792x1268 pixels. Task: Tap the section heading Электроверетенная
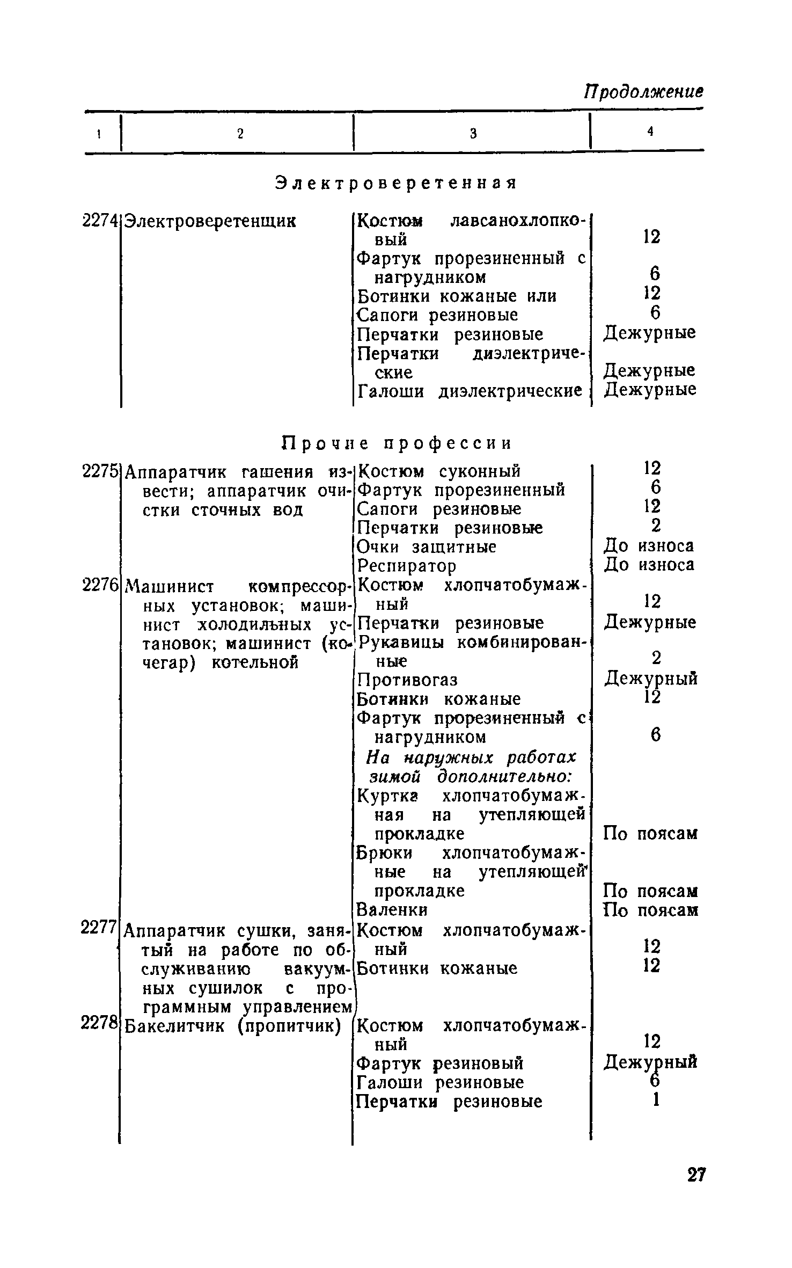tap(397, 183)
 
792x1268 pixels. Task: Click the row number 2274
tap(100, 221)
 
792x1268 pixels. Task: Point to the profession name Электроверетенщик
tap(210, 221)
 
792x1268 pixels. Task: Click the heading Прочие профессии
tap(397, 443)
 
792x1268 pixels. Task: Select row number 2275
tap(100, 471)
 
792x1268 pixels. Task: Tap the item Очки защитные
tap(427, 547)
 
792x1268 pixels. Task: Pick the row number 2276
tap(100, 585)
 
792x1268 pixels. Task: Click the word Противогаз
tap(408, 680)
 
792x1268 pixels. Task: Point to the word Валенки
tap(393, 910)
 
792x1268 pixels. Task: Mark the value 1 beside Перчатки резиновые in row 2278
tap(655, 1101)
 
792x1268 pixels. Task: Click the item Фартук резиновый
tap(440, 1063)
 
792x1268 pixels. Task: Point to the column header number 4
tap(650, 132)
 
